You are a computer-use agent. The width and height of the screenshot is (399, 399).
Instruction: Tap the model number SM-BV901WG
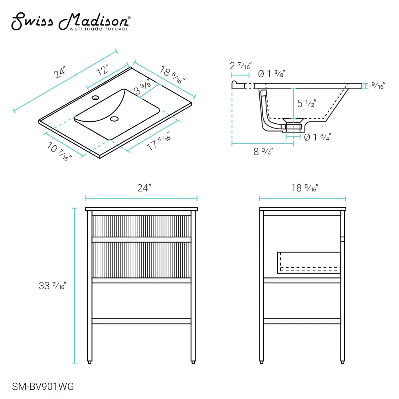point(43,386)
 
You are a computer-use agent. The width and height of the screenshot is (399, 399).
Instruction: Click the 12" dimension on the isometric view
point(103,71)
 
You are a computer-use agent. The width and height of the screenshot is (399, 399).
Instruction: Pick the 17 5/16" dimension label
point(159,141)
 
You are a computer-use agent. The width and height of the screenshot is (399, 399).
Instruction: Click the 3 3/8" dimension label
point(143,87)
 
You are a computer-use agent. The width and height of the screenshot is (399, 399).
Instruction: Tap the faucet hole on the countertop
point(95,97)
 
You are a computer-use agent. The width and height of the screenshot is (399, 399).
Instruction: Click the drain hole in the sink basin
point(115,119)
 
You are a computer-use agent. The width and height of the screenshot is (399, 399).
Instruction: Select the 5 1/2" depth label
point(307,104)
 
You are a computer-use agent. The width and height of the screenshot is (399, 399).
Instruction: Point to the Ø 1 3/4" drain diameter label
point(317,137)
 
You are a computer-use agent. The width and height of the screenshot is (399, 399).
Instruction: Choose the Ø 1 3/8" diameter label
point(271,73)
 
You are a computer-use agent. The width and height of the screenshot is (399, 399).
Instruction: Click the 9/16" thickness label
point(377,85)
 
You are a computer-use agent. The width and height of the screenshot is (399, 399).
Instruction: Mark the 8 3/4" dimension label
point(263,152)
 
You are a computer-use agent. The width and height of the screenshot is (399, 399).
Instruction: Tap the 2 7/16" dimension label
point(241,65)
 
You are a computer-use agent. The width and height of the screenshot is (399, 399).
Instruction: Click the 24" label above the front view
point(144,188)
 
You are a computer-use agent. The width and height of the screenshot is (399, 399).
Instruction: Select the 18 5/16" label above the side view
point(304,188)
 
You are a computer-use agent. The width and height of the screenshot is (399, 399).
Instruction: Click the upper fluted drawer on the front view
point(141,226)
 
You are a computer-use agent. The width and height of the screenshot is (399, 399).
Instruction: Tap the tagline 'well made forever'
point(99,29)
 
